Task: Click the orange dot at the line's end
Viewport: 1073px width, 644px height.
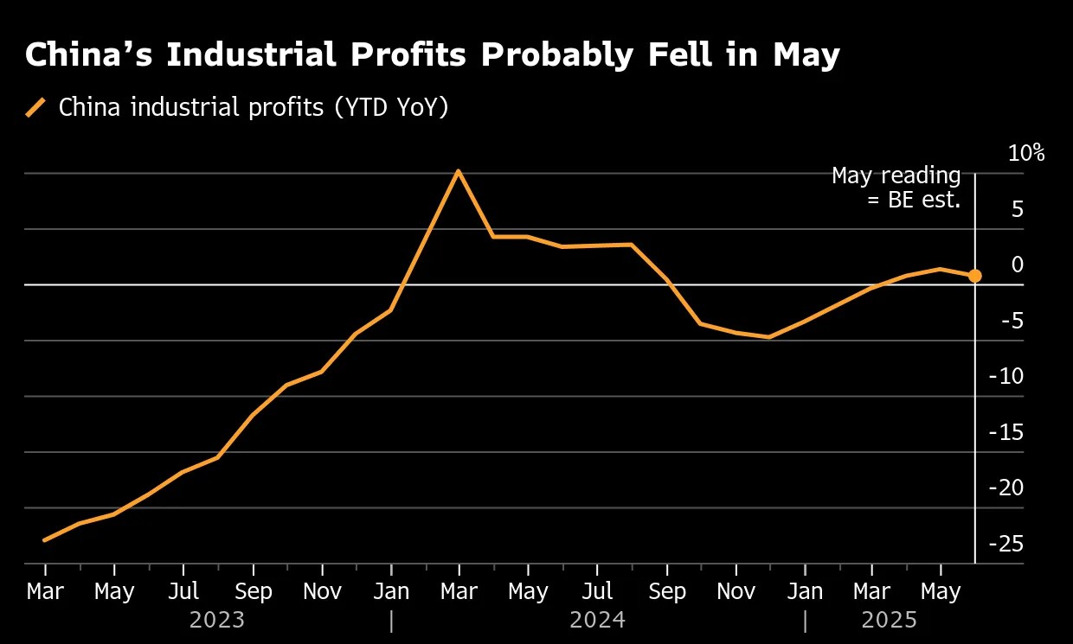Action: coord(974,276)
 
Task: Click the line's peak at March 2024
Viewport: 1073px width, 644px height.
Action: coord(459,171)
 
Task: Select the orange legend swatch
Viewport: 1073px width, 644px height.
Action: coord(36,108)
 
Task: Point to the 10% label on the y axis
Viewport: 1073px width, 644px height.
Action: coord(1026,154)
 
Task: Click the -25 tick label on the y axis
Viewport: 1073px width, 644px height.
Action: coord(1006,544)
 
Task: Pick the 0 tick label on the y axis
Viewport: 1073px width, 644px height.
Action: coord(1018,265)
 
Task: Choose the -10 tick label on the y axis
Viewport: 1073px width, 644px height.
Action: coord(1006,376)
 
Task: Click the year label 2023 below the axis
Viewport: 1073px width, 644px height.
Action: coord(216,620)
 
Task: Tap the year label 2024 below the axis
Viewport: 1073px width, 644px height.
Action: coord(597,620)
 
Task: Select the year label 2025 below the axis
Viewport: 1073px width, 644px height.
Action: coord(890,620)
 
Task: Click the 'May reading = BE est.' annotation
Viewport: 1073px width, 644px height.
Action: coord(896,188)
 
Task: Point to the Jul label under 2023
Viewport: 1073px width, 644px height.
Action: coord(183,592)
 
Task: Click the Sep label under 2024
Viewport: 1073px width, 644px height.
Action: coord(667,592)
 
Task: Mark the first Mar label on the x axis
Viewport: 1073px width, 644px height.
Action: coord(45,592)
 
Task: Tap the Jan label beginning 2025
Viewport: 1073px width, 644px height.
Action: coord(805,592)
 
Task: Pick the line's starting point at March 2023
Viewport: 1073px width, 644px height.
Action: coord(45,540)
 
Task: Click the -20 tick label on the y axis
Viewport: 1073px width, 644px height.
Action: coord(1006,488)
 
